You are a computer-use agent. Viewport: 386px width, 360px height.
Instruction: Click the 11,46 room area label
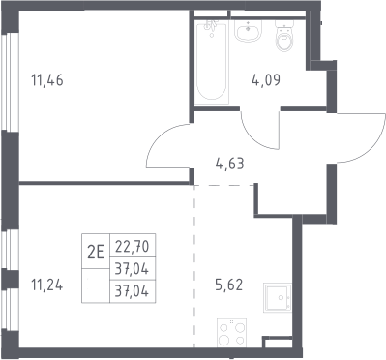47,80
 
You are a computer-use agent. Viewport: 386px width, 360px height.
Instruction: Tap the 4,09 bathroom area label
266,80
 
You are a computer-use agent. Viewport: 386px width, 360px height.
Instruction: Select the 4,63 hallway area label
229,164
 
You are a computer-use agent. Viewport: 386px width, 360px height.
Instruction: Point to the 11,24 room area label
47,285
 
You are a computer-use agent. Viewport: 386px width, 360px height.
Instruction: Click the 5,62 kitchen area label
228,285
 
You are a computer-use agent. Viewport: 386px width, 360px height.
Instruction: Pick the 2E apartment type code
96,252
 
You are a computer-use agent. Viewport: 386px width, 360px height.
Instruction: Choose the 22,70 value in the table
133,247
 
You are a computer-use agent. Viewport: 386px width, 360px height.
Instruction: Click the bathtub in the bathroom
212,61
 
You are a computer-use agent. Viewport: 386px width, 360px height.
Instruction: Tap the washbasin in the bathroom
248,31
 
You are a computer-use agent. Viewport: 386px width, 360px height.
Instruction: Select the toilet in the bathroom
284,35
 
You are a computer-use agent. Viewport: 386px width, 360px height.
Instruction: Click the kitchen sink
277,297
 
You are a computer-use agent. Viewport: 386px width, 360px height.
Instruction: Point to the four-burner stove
231,333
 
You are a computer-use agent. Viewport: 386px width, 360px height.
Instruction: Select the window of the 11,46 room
9,82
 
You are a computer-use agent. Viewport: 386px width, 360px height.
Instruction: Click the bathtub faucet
212,26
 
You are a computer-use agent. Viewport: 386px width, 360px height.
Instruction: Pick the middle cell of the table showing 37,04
133,269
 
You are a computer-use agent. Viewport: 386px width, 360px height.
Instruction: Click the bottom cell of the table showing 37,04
133,291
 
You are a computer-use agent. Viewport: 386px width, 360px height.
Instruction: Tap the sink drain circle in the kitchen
282,297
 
